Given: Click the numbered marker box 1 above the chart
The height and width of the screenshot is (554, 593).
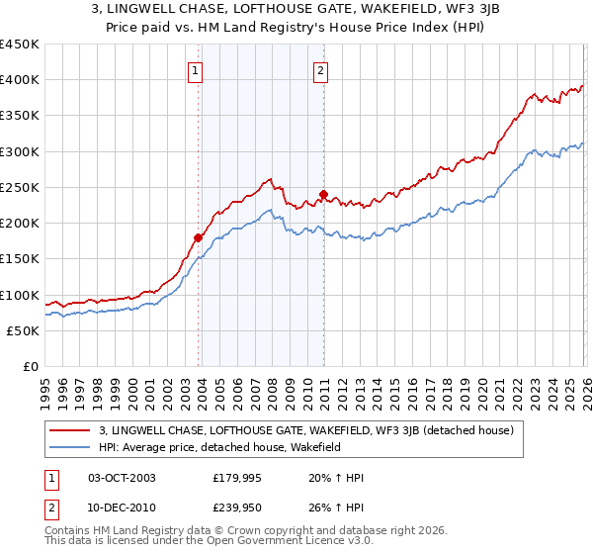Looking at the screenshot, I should (x=196, y=70).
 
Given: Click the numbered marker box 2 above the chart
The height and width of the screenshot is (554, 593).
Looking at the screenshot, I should (x=322, y=70).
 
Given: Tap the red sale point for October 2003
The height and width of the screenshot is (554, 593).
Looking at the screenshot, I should (x=199, y=237).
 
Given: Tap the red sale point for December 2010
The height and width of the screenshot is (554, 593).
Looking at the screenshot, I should (x=324, y=195).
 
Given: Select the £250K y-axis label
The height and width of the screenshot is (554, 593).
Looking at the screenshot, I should (x=20, y=187).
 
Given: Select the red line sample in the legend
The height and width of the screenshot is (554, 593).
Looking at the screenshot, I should (x=70, y=430).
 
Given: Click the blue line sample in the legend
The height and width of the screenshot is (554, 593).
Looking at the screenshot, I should (x=70, y=447).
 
